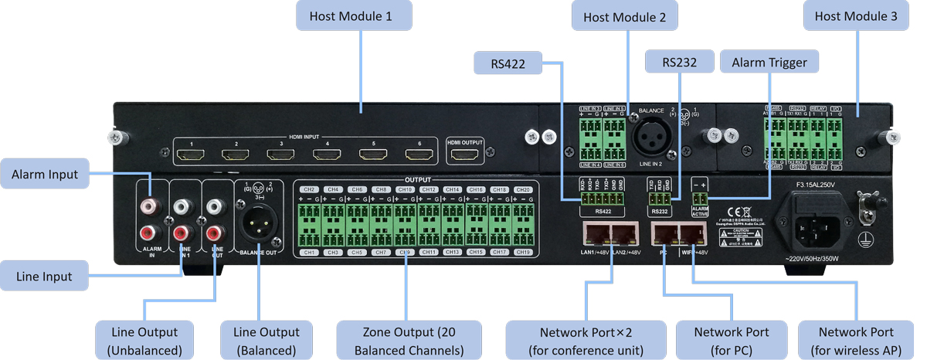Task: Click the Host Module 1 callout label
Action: (355, 16)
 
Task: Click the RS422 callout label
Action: (508, 64)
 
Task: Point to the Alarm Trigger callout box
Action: (769, 63)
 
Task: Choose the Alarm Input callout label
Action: (45, 175)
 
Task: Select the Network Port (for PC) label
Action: (731, 341)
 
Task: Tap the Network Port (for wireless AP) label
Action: (855, 341)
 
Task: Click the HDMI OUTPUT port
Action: (463, 155)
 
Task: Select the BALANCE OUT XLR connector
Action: (260, 226)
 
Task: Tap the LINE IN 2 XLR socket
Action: (650, 139)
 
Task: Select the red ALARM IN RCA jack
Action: (148, 233)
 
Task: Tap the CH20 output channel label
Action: (523, 189)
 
